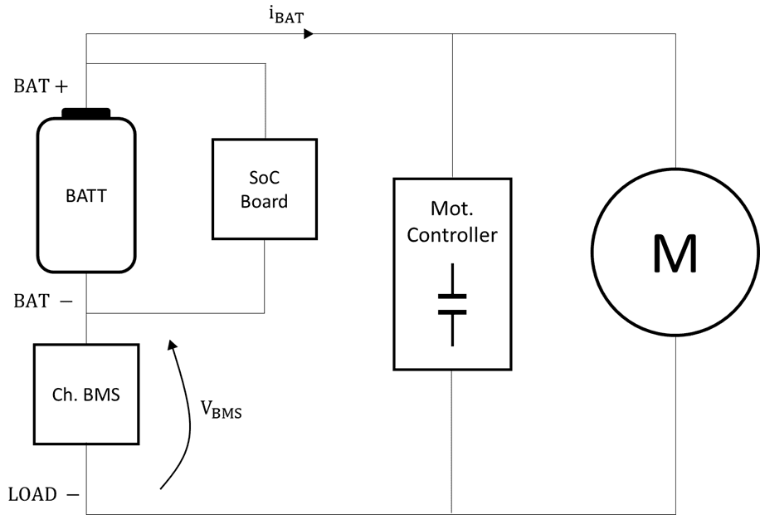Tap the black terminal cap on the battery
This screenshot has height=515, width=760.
(x=86, y=113)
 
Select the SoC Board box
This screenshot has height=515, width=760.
(x=264, y=189)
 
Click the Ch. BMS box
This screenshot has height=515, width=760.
(x=86, y=395)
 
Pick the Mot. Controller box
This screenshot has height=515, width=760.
(x=452, y=273)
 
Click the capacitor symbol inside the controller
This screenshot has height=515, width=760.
(x=452, y=304)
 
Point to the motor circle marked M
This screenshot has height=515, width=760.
(x=675, y=254)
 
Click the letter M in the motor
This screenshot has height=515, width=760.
(x=675, y=254)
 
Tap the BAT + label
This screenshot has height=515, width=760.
(x=40, y=86)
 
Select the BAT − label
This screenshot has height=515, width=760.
(x=41, y=302)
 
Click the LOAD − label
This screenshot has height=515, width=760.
(x=44, y=494)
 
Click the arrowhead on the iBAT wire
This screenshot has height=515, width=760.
(x=309, y=34)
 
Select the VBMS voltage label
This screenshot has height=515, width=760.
(x=222, y=408)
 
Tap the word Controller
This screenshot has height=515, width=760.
(x=452, y=235)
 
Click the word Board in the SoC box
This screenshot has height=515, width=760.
(x=264, y=201)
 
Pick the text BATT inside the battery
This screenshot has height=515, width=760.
(x=86, y=197)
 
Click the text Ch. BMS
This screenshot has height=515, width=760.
(x=86, y=395)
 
